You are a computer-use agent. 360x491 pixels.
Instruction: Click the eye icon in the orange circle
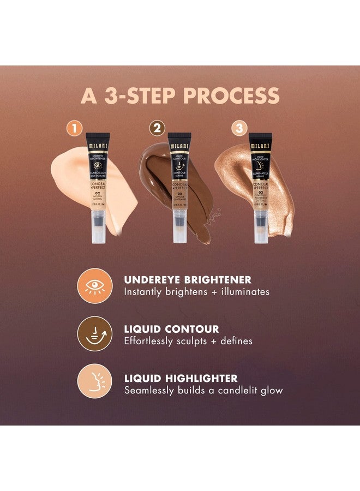pos(93,284)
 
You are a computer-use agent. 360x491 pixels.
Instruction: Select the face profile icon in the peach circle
pos(93,381)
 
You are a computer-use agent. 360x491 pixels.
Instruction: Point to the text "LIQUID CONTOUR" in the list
pos(171,329)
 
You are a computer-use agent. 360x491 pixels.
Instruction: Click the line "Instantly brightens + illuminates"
pos(196,292)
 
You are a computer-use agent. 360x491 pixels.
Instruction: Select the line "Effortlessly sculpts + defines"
pos(188,341)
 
